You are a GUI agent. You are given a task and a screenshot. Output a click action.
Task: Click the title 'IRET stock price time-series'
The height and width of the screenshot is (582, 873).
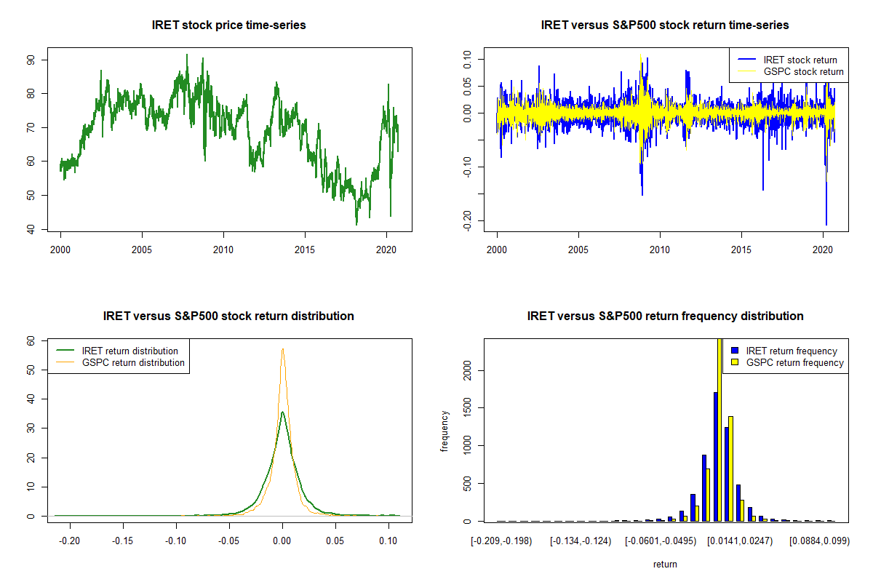click(x=228, y=25)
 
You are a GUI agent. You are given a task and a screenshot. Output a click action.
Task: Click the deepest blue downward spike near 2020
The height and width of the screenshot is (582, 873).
click(x=826, y=224)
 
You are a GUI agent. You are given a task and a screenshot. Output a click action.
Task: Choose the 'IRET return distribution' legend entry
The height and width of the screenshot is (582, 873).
click(x=129, y=351)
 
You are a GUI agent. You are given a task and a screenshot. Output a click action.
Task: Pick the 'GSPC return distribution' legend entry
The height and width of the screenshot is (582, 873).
click(x=133, y=362)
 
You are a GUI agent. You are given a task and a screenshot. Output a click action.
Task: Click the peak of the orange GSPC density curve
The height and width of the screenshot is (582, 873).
click(x=282, y=349)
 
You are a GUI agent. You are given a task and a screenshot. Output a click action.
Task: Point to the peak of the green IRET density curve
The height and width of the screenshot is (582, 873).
click(x=282, y=412)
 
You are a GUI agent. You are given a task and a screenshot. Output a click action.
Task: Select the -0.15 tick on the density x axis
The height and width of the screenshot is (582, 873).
click(x=123, y=541)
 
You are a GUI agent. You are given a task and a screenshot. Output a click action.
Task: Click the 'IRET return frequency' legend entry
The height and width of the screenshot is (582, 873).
click(x=791, y=351)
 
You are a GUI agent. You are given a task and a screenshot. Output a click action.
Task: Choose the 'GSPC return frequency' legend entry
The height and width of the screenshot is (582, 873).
click(x=794, y=362)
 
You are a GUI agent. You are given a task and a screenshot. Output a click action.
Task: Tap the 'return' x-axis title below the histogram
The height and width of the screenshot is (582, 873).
click(x=665, y=564)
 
